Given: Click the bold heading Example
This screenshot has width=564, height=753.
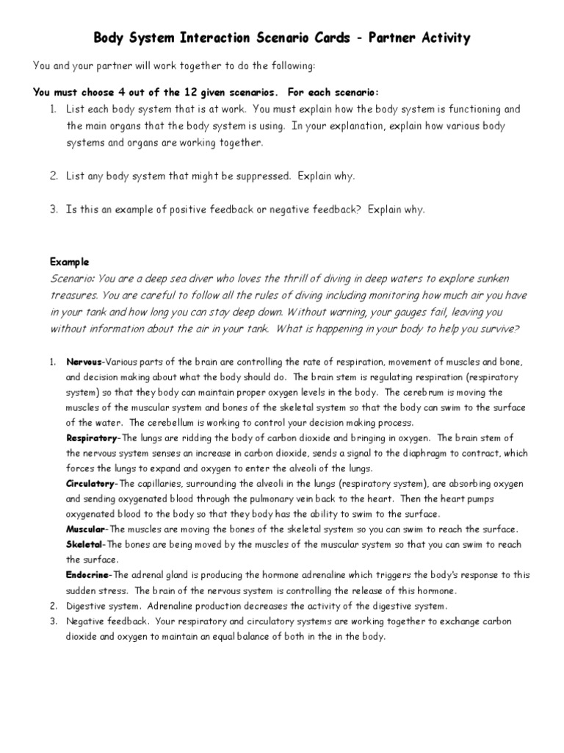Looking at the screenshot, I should pos(70,261).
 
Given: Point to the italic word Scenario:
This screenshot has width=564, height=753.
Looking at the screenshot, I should pos(72,278).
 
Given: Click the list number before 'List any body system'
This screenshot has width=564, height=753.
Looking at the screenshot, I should pos(54,176).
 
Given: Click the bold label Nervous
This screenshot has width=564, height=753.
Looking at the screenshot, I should pos(84,363).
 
